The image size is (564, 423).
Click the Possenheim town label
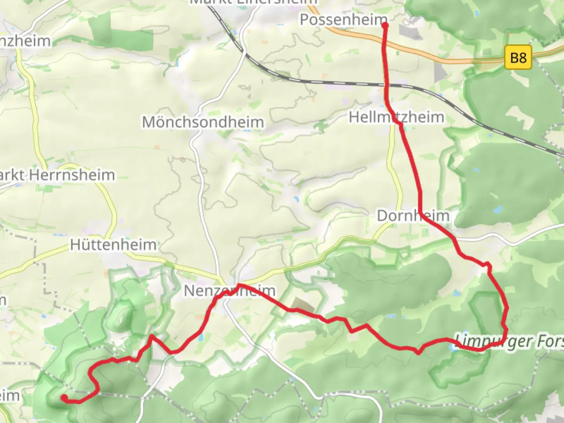point(343,20)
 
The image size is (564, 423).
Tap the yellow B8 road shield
point(518,58)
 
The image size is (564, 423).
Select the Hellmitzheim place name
point(396,117)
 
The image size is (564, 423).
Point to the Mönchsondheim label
point(203,122)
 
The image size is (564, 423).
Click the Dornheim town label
point(413,215)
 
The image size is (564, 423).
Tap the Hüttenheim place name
point(113,245)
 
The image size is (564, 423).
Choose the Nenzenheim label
point(230,291)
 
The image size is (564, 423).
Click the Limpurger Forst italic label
point(509,342)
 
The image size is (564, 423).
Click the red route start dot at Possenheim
point(385,25)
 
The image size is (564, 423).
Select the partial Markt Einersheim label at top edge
point(253,2)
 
